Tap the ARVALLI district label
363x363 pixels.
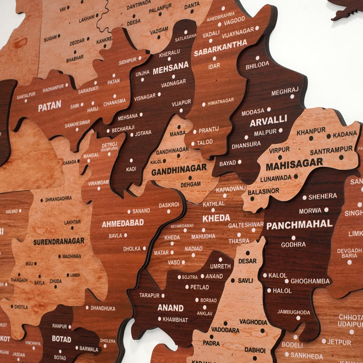[x=268, y=121]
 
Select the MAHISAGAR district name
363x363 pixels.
[x=294, y=164]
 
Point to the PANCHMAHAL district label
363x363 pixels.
[x=299, y=225]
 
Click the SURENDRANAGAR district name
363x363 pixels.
[x=59, y=241]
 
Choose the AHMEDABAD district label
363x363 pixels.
[x=122, y=223]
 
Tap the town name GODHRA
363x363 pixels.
[x=293, y=244]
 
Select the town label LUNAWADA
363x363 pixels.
[x=276, y=178]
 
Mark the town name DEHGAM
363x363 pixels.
[x=190, y=184]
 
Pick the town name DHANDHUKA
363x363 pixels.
[x=103, y=307]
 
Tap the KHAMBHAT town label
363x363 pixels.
[x=175, y=320]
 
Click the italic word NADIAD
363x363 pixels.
[x=194, y=248]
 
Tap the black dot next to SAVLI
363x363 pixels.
[x=232, y=280]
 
